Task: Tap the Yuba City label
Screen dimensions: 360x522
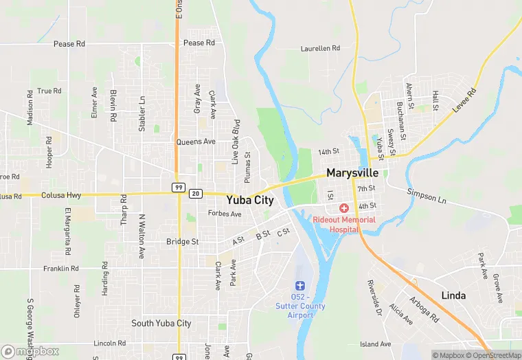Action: pos(250,201)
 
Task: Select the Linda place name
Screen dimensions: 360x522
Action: pos(453,295)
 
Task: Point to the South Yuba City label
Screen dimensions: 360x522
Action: pos(161,323)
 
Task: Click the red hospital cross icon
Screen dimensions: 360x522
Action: pos(344,207)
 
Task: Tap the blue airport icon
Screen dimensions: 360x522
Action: pos(299,285)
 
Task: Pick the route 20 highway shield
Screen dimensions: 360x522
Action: pos(196,194)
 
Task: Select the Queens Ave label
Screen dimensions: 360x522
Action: pos(196,142)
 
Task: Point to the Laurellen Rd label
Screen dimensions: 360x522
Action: pos(320,49)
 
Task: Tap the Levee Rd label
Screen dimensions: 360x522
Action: pos(464,101)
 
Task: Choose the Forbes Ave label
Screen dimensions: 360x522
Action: pos(225,214)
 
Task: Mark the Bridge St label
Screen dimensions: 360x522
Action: pos(183,242)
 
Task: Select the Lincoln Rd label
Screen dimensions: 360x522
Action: pos(110,343)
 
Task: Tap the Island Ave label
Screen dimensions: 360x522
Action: pos(375,344)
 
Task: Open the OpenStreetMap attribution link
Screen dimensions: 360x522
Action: pos(492,355)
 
